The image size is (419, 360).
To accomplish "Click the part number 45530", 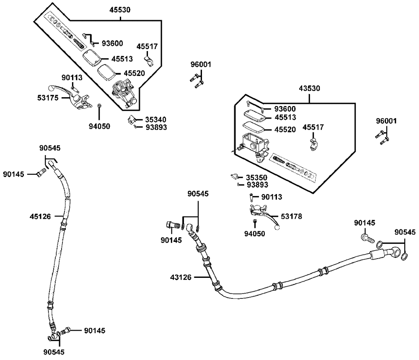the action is (120, 10).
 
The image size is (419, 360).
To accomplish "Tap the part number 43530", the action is (310, 88).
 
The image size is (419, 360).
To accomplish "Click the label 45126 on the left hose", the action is (40, 217).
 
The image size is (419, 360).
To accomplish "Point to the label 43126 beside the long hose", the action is (181, 277).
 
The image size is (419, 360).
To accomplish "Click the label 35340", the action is (156, 119).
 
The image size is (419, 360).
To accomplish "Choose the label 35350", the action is (256, 177).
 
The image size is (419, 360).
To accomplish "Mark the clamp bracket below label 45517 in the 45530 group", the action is (150, 61).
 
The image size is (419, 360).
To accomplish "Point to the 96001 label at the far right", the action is (386, 121).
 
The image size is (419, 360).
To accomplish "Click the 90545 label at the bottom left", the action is (54, 352).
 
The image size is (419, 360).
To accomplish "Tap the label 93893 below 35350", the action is (257, 185).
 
